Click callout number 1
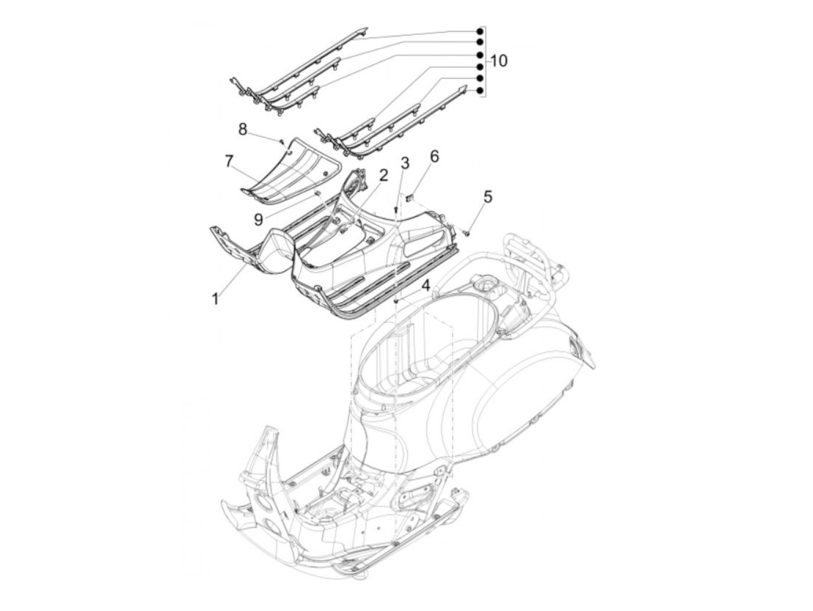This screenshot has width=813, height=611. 215,299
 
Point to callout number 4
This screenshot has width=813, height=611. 426,286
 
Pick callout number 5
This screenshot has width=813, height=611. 487,197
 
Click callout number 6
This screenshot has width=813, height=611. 434,157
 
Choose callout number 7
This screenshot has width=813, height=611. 229,161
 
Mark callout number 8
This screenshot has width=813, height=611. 243,128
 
